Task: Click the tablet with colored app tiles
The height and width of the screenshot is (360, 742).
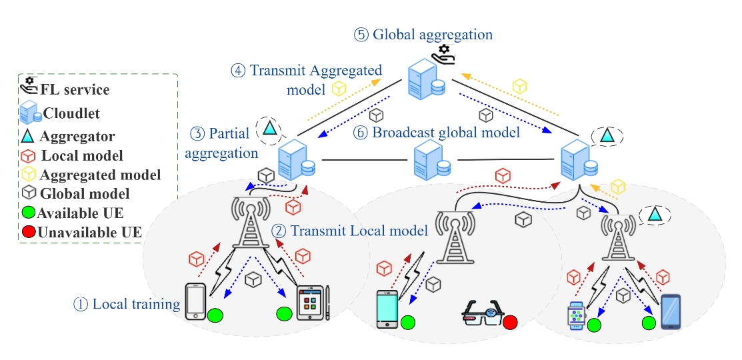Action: tap(311, 304)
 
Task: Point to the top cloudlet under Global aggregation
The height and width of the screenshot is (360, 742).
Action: tap(427, 79)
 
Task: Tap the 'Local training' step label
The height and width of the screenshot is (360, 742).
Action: tap(127, 305)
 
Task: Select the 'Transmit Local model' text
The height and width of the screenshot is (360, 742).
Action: tap(350, 231)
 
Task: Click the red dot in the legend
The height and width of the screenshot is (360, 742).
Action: tap(28, 233)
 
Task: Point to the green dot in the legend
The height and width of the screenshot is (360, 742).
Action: tap(28, 214)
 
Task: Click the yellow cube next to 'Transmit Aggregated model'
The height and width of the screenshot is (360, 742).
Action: tap(339, 88)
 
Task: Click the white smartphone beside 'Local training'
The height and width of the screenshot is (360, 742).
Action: tap(195, 301)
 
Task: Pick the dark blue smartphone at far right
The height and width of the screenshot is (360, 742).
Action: tap(671, 312)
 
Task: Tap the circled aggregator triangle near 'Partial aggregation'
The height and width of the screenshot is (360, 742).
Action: tap(269, 127)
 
